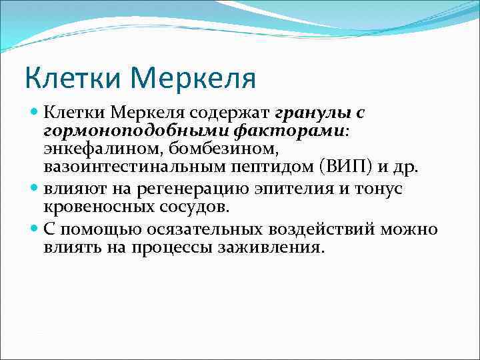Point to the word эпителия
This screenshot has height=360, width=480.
click(x=297, y=189)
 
